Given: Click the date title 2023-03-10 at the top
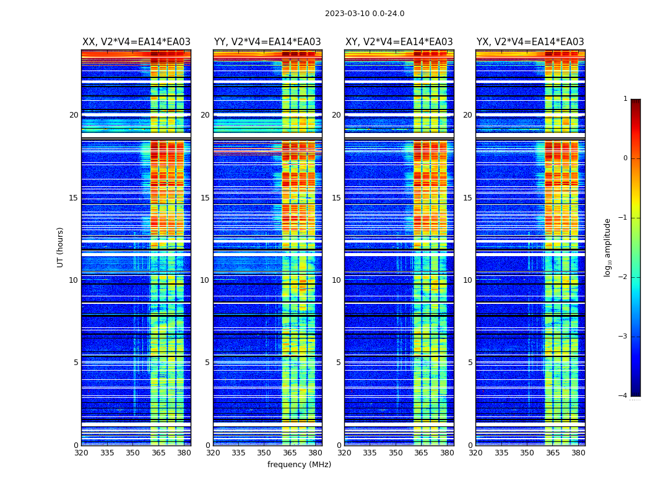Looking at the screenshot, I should click(x=365, y=14).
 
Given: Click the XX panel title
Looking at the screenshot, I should click(x=136, y=42).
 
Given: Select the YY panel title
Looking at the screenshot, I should click(x=267, y=42).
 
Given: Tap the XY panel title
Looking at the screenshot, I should click(x=399, y=42).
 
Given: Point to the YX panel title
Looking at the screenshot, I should click(x=530, y=42).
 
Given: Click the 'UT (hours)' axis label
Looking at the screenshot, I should click(x=60, y=247).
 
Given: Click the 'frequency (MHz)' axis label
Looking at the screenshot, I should click(x=299, y=465).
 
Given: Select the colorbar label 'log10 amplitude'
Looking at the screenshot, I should click(x=607, y=247).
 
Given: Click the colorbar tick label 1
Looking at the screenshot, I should click(x=625, y=99).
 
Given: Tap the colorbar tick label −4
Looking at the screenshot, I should click(x=623, y=396).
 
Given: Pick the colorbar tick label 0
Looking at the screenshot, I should click(x=625, y=158).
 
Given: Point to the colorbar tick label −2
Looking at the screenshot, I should click(x=623, y=277).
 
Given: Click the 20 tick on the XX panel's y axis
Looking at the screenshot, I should click(x=74, y=115).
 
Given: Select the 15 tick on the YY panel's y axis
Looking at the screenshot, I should click(x=205, y=198).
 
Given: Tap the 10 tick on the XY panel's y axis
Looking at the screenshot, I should click(x=336, y=280).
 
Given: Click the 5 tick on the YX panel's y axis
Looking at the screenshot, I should click(x=470, y=363).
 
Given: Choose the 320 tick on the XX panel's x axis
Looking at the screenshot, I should click(x=81, y=453).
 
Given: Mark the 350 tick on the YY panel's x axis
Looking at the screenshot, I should click(x=264, y=453).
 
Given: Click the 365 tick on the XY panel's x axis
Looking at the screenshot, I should click(x=422, y=453).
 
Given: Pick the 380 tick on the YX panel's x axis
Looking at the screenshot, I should click(x=578, y=453).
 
